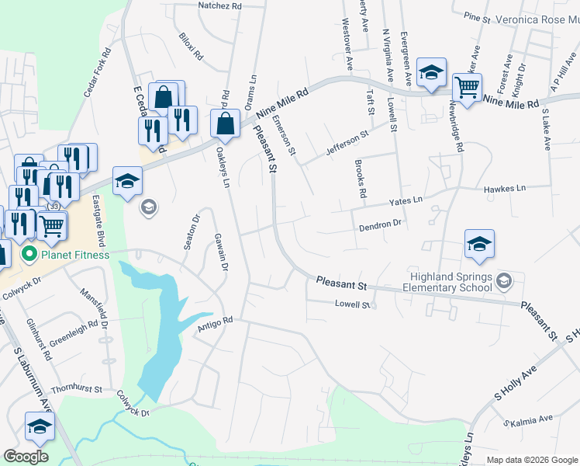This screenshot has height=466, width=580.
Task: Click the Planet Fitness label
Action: click(x=75, y=254)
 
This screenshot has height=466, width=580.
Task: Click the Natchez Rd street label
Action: click(x=221, y=5)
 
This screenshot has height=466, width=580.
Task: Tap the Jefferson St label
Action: click(x=347, y=143)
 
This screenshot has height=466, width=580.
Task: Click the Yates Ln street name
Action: click(x=406, y=200)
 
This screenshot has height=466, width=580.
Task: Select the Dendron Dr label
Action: click(x=379, y=225)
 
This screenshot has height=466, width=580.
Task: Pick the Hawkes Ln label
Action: click(x=504, y=189)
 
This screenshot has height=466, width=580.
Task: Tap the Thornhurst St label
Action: click(x=76, y=388)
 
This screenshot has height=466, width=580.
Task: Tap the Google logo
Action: click(x=26, y=457)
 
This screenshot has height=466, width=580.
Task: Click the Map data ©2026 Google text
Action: click(x=531, y=460)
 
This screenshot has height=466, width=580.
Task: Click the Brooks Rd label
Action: click(x=359, y=179)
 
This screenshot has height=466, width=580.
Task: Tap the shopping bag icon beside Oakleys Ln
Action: click(x=225, y=123)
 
